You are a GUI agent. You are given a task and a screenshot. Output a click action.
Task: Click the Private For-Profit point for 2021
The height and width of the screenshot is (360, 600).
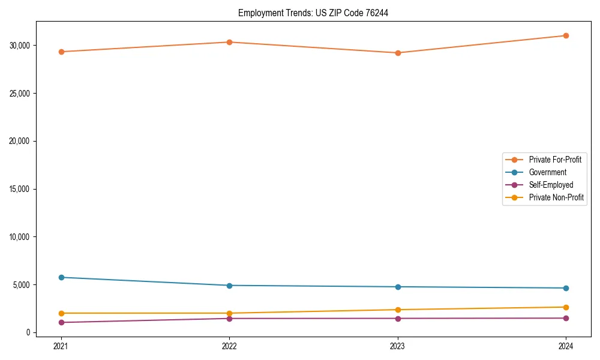(61, 52)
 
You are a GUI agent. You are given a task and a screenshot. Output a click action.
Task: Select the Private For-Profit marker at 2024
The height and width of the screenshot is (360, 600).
(566, 35)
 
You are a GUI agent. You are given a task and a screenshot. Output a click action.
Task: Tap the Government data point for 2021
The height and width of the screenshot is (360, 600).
(61, 277)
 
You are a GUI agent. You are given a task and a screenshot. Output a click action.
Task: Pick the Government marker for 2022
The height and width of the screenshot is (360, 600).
(229, 286)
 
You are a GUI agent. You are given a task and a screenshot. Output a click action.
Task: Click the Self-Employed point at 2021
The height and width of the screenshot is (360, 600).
(61, 322)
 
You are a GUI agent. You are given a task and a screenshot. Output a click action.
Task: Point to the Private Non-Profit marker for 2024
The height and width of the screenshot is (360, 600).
(566, 307)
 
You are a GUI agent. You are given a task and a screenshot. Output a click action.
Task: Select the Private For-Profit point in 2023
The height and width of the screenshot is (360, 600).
(398, 53)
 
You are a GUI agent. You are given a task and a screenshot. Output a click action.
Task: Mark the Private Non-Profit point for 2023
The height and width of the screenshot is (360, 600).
(398, 310)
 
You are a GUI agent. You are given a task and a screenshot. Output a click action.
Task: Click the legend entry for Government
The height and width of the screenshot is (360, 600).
(547, 172)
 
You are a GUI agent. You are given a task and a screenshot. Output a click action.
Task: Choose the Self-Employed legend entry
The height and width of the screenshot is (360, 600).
(551, 185)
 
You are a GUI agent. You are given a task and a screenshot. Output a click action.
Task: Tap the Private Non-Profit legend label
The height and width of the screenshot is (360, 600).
(556, 197)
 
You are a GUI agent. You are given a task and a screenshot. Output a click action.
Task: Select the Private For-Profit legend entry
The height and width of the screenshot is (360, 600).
(554, 160)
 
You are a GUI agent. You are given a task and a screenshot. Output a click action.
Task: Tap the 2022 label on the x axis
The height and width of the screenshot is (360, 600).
(229, 346)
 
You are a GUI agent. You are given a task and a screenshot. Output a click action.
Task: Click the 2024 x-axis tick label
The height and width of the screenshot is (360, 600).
(566, 346)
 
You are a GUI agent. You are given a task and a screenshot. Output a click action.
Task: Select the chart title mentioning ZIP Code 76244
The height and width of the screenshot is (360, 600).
(313, 13)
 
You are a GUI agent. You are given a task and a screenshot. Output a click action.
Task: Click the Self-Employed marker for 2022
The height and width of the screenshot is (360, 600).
(229, 318)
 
